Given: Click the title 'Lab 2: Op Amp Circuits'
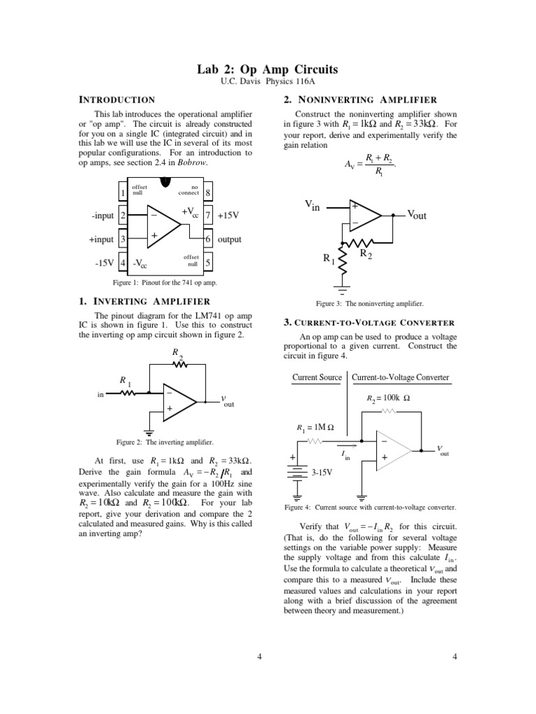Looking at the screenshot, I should tap(269, 70).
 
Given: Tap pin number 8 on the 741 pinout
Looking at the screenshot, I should tap(208, 192).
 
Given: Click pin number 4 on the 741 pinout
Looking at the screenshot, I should tap(124, 264).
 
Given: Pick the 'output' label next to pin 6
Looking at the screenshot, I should tap(230, 240).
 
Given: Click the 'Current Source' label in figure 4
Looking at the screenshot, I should tap(316, 377).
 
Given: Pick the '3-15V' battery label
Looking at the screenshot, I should tap(322, 472).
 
